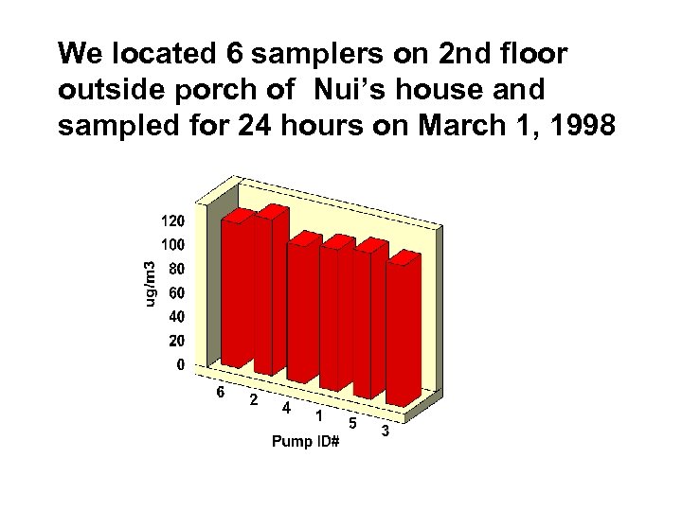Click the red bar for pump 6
(235, 289)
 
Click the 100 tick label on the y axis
(170, 244)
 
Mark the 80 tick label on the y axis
(174, 268)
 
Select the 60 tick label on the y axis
(174, 292)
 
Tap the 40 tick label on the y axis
(174, 316)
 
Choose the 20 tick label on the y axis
(174, 341)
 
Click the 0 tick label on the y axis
(179, 364)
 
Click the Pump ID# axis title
(305, 441)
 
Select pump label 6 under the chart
(220, 391)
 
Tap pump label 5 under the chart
(352, 421)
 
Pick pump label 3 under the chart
(386, 432)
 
